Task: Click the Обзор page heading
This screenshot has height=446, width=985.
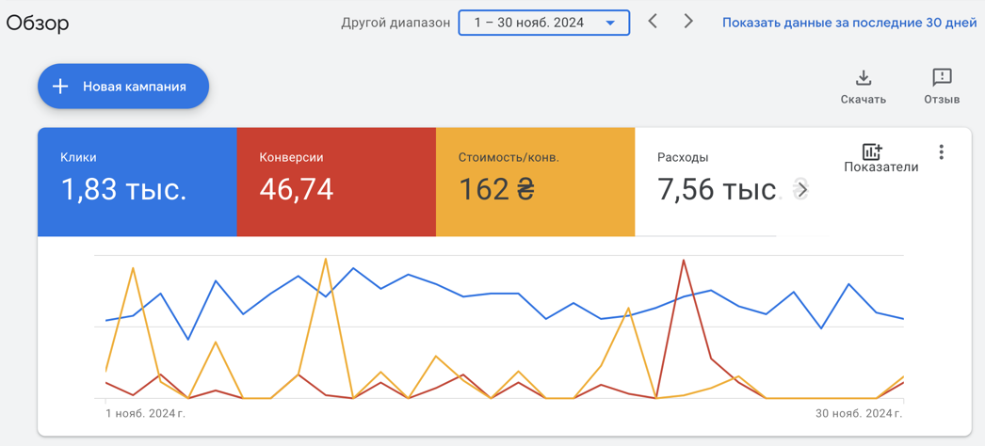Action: tap(38, 23)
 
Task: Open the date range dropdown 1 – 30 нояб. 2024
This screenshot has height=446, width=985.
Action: tap(544, 23)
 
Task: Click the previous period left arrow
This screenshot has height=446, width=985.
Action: tap(654, 22)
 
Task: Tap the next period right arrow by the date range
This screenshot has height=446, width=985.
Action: tap(688, 22)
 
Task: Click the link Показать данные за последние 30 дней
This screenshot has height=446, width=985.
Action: tap(850, 23)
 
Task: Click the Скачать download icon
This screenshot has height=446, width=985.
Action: tap(864, 78)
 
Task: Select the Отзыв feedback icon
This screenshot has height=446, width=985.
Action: tap(943, 78)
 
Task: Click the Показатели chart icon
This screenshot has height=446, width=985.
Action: tap(872, 151)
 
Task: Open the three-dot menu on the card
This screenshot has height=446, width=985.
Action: tap(941, 151)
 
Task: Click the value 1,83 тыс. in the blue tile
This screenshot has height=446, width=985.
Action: tap(123, 188)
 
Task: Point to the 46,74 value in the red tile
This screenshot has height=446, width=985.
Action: tap(297, 188)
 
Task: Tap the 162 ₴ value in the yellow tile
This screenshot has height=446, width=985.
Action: tap(496, 188)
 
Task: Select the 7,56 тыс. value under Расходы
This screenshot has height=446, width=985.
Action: tap(717, 188)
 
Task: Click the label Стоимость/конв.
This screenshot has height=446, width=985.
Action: tap(509, 157)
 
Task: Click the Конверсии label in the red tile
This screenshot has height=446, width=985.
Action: tap(292, 157)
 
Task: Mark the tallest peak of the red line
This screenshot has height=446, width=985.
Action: tap(683, 260)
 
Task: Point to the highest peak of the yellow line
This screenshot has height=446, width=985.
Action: tap(326, 258)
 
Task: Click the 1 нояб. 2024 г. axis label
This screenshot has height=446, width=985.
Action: tap(146, 413)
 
